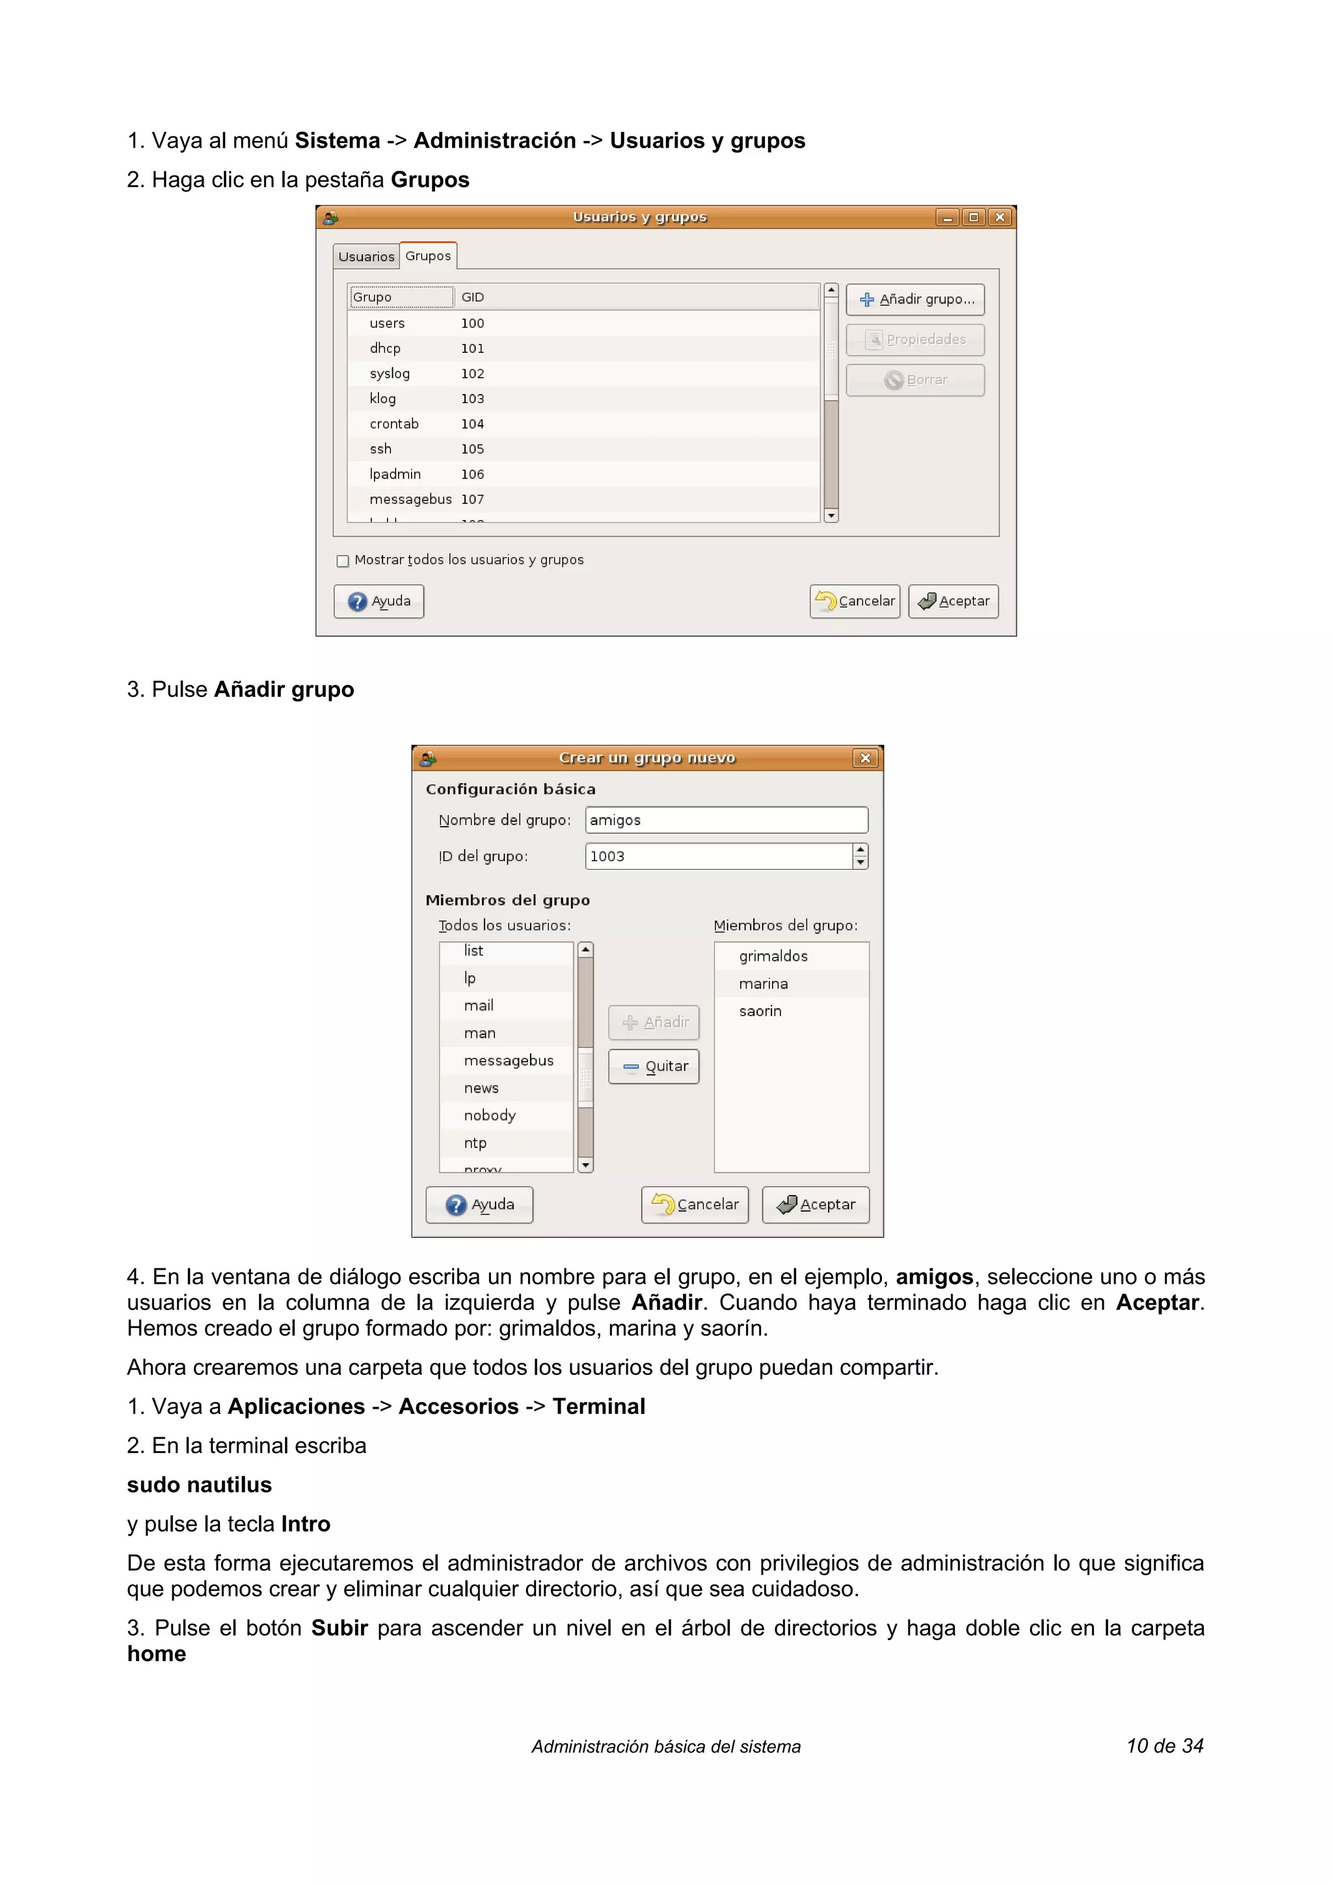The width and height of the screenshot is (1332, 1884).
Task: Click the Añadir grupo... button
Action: point(915,300)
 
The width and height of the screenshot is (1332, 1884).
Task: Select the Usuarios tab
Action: point(366,257)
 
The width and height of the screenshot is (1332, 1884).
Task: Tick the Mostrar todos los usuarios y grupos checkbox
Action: point(343,561)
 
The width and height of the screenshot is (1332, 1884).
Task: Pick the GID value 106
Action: point(472,475)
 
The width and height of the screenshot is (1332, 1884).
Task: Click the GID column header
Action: point(473,297)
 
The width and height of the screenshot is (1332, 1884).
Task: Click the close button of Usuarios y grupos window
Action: point(1000,217)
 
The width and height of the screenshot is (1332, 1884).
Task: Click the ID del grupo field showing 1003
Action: point(718,856)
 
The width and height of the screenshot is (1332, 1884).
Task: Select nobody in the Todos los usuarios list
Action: point(490,1115)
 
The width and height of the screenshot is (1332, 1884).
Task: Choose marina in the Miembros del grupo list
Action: point(764,984)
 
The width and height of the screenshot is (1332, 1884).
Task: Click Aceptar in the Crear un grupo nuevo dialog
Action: point(815,1205)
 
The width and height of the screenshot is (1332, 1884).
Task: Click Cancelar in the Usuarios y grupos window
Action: point(855,601)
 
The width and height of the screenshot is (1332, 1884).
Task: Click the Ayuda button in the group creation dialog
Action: point(479,1205)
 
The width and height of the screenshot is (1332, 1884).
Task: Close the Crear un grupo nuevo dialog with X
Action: point(865,758)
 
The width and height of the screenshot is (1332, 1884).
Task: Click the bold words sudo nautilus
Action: point(200,1485)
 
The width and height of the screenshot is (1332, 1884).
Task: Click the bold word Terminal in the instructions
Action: point(598,1406)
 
